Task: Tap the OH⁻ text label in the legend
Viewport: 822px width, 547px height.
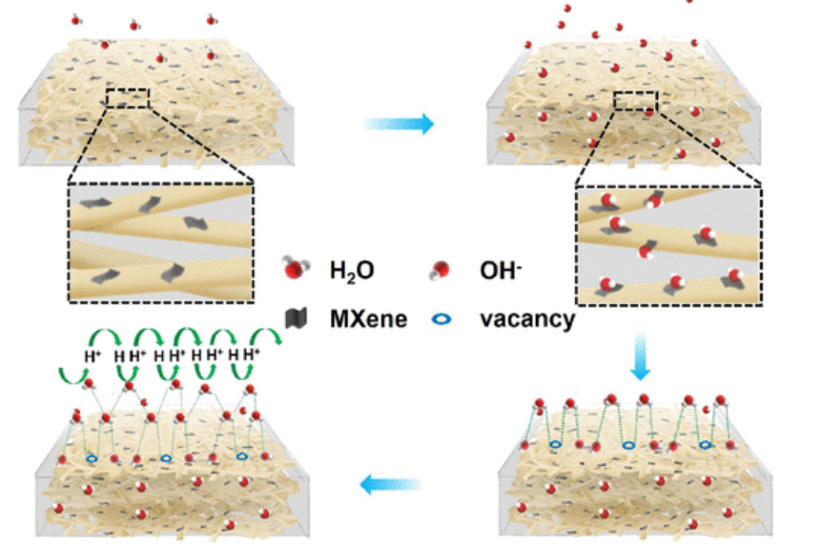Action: (499, 272)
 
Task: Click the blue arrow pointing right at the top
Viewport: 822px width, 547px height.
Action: (399, 124)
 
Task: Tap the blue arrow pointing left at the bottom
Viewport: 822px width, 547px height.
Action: (390, 486)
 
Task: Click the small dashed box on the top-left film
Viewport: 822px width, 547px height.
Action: (128, 98)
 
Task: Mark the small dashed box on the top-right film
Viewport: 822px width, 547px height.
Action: (636, 101)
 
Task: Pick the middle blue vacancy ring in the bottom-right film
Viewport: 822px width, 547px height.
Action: (628, 445)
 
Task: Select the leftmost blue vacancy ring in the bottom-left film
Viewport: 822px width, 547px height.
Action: (92, 459)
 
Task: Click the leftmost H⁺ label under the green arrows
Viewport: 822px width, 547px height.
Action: (92, 356)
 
